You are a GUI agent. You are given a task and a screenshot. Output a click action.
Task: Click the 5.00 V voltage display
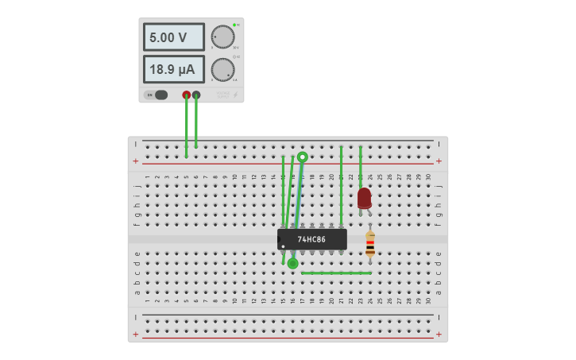pos(173,37)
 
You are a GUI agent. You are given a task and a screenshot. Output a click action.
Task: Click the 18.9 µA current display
pos(173,69)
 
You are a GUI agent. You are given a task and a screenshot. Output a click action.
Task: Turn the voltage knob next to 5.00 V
pos(222,37)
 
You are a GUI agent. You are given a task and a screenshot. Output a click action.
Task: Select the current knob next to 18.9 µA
pos(222,69)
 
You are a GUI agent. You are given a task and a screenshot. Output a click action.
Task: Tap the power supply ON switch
pos(156,95)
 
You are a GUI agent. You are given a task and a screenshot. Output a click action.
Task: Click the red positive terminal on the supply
pos(187,95)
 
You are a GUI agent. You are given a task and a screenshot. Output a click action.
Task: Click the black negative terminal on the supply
pos(196,95)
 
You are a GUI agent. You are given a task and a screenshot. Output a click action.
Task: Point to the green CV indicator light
pos(234,25)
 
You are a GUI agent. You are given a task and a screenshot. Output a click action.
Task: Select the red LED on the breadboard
pos(364,198)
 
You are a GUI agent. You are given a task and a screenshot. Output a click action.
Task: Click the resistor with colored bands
pos(370,245)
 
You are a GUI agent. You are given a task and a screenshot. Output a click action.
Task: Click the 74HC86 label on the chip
pos(312,239)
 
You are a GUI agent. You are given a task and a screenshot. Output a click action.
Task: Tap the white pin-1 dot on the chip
pos(283,246)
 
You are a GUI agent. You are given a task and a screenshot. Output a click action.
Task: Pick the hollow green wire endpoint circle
pos(303,157)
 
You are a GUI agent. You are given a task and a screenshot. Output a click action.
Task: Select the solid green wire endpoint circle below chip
pos(292,263)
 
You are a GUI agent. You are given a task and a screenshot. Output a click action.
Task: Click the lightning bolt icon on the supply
pos(234,95)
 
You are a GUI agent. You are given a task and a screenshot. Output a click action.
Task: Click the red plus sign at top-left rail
pos(136,161)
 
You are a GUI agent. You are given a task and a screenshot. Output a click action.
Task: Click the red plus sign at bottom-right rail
pos(439,334)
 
